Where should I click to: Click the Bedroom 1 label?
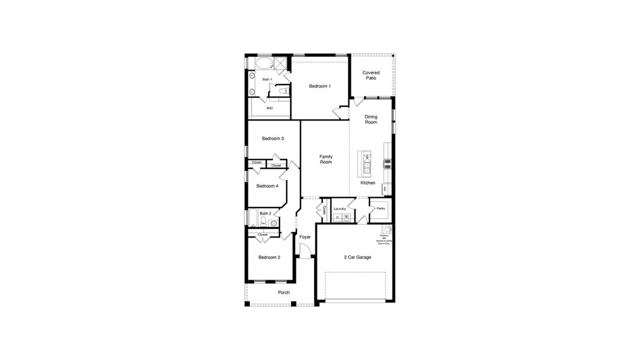tap(320, 86)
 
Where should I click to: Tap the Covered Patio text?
tap(371, 76)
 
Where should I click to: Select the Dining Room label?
tap(371, 119)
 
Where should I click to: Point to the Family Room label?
tap(326, 159)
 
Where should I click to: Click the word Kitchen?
tap(368, 183)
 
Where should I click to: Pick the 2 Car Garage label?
tap(357, 257)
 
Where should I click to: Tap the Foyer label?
tap(305, 238)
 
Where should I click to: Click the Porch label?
tap(284, 293)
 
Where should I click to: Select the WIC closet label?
tap(270, 108)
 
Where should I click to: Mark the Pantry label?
tap(380, 209)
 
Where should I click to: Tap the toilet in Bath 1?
tap(282, 91)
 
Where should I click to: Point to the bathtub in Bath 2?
tap(252, 218)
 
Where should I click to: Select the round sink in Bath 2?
tap(274, 224)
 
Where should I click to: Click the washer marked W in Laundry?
tap(345, 217)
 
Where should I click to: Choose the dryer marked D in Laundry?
tap(337, 217)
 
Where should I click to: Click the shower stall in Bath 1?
tap(280, 63)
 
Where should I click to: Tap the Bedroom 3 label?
tap(273, 139)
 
